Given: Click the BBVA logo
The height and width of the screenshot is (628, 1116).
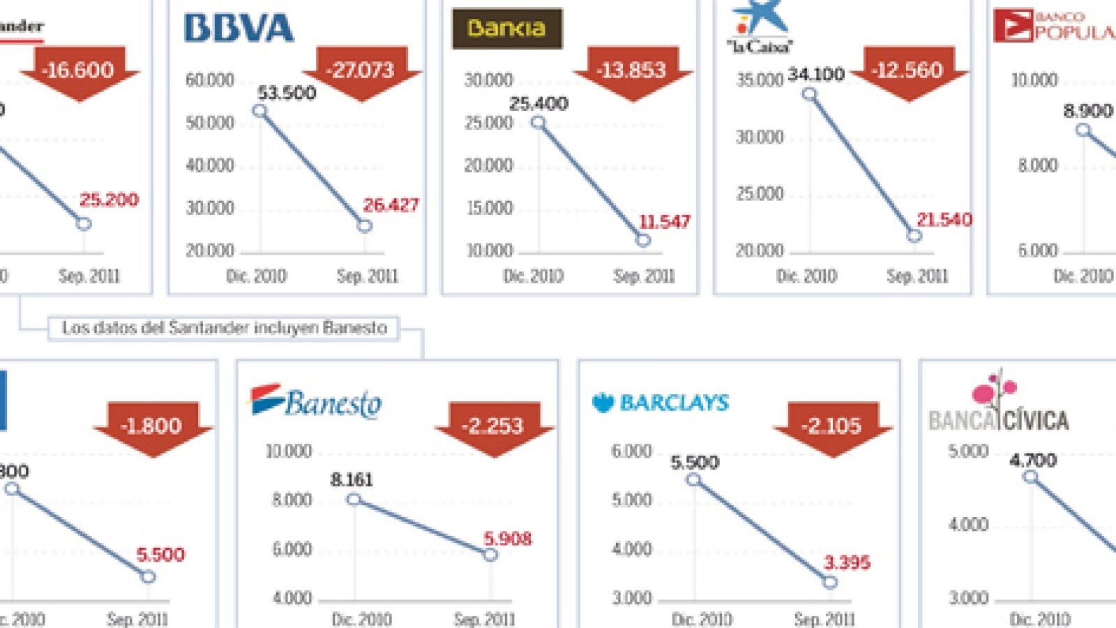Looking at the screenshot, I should [x=239, y=29].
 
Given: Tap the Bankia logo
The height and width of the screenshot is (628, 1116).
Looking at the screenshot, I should [x=506, y=29].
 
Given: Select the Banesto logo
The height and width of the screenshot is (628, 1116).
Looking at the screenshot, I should [x=316, y=402].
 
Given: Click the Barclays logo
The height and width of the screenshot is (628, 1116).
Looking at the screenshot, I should [x=660, y=403].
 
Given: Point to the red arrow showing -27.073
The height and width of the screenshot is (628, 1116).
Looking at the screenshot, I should [x=362, y=71].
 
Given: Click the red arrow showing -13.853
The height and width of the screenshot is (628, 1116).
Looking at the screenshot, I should [x=632, y=71].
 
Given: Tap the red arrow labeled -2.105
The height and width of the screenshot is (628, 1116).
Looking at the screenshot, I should [x=832, y=426].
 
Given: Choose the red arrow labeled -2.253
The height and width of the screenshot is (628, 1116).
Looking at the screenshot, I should [x=494, y=426].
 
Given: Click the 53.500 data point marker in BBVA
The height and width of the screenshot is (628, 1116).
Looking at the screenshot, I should [x=259, y=111].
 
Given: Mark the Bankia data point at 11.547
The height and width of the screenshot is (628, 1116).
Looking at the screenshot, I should [x=643, y=240].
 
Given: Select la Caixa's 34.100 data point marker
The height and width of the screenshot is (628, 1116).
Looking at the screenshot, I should [x=809, y=94].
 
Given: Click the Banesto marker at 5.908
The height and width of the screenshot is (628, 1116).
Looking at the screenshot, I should [x=490, y=555].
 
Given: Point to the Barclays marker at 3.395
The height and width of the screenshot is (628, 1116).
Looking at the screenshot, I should [x=829, y=582].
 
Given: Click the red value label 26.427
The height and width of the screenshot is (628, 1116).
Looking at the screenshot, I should [x=391, y=205].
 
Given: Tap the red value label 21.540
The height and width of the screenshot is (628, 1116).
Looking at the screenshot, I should [x=944, y=220].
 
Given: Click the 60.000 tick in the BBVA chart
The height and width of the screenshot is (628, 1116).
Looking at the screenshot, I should [x=210, y=80].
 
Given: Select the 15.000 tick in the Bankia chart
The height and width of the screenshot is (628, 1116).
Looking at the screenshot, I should [x=489, y=208].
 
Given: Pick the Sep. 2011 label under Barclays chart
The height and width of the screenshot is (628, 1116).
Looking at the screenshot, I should [x=824, y=619].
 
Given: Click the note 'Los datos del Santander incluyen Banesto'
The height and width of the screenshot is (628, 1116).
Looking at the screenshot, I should [x=224, y=328].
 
